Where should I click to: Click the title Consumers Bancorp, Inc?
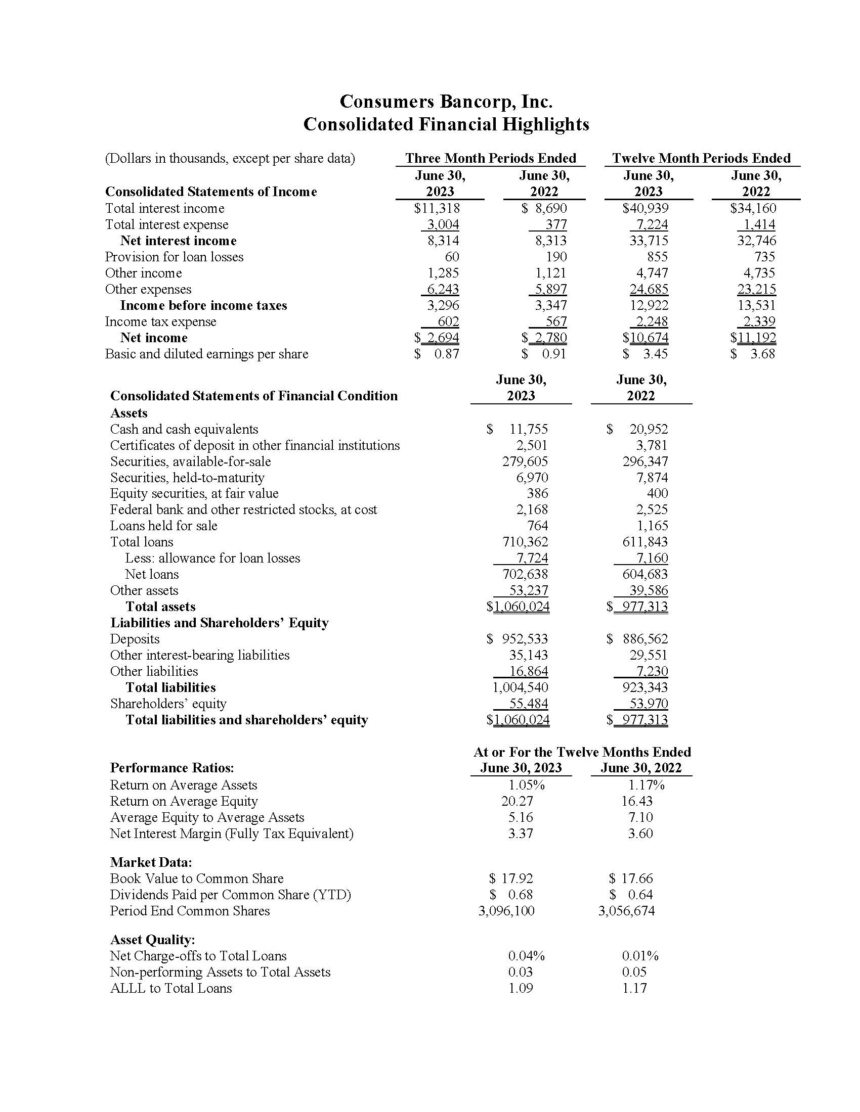tap(446, 102)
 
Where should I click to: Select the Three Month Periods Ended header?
tap(490, 158)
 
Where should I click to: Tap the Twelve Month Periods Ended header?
tap(701, 158)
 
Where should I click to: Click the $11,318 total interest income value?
tap(437, 208)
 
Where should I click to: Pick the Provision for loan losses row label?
tap(174, 257)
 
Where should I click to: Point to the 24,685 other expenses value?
tap(649, 289)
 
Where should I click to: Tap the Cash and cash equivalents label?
tap(184, 429)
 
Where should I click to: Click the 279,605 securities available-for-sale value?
tap(525, 461)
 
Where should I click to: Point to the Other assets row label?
tap(144, 590)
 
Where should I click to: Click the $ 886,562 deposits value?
tap(637, 639)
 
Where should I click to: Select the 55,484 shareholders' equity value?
tap(528, 704)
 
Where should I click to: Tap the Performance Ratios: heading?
tap(171, 768)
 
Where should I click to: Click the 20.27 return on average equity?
tap(517, 801)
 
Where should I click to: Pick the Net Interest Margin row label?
tap(231, 833)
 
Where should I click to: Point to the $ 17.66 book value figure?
tap(631, 878)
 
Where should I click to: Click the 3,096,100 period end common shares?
tap(506, 911)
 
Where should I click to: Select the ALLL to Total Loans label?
tap(170, 988)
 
